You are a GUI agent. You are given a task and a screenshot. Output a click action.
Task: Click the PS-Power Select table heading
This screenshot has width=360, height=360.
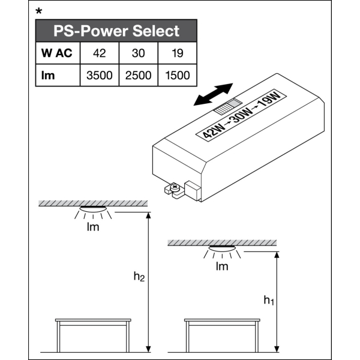116,31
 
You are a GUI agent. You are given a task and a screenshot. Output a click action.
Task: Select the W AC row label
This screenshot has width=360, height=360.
57,53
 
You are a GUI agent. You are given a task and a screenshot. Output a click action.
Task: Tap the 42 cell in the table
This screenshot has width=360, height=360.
100,53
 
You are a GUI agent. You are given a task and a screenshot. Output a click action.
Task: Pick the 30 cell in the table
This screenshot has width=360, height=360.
139,53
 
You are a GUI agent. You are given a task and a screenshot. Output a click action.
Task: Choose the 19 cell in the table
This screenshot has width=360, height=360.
177,53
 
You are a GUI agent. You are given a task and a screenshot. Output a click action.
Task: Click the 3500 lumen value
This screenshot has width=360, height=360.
100,75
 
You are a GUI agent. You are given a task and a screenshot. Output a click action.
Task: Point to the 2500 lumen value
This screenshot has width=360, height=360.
139,75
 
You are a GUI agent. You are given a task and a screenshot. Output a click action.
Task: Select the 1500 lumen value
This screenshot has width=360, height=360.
177,75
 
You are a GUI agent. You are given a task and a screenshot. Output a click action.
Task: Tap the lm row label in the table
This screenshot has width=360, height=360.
49,75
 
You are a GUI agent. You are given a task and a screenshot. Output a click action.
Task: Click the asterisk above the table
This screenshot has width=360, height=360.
40,11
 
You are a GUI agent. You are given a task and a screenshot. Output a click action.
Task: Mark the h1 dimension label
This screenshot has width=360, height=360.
268,300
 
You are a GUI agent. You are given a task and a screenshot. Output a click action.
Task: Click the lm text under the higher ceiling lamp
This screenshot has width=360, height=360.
93,227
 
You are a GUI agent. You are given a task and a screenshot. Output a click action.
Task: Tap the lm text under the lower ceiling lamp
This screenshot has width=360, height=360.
222,266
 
